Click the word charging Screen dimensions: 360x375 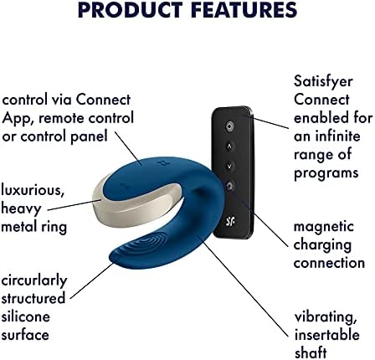pyautogui.click(x=324, y=244)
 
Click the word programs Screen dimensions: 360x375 pyautogui.click(x=325, y=172)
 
